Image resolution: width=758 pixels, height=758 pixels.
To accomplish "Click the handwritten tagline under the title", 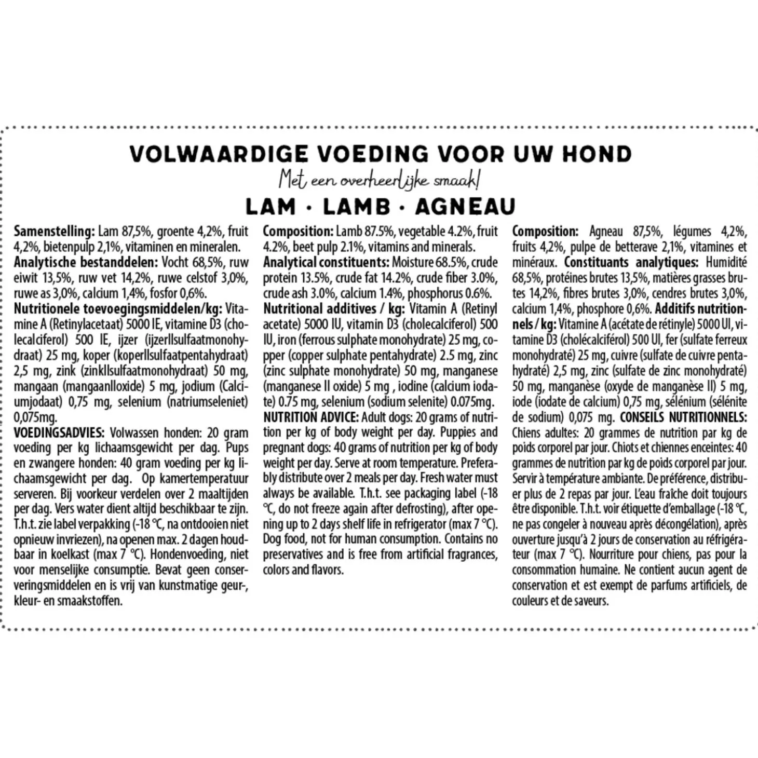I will [x=379, y=180].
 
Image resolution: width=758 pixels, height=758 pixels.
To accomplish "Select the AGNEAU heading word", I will [x=465, y=207].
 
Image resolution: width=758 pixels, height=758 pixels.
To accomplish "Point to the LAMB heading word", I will [x=356, y=207].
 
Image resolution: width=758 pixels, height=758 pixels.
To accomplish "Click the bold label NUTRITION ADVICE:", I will [x=310, y=417].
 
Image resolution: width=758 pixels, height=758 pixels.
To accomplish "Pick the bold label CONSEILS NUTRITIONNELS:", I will [x=683, y=417].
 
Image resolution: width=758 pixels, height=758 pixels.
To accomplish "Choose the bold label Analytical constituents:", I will [x=326, y=262].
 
